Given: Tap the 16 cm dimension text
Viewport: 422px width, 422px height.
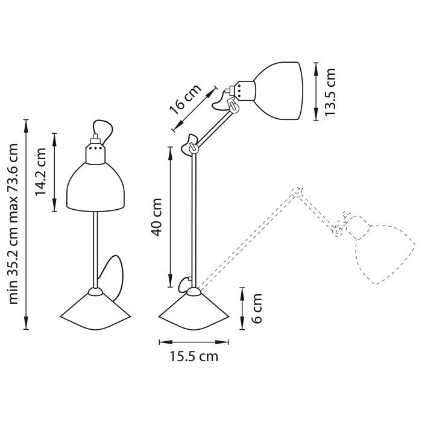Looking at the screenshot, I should tap(184, 99).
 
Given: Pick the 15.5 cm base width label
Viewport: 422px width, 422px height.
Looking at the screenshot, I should tap(193, 356).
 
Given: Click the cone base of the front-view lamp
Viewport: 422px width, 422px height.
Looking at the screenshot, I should tap(95, 310).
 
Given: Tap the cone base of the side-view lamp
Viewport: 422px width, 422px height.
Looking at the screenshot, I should tap(194, 310).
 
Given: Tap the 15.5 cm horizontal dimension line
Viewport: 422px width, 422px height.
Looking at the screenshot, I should tap(194, 342).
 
